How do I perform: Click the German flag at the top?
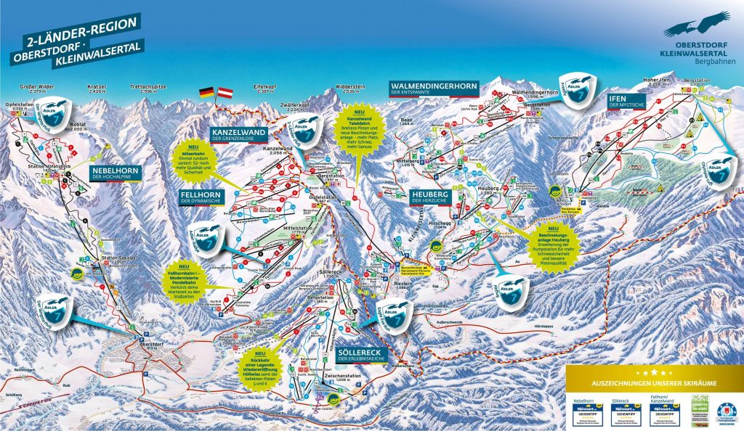click(x=207, y=92)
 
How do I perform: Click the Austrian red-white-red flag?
click(x=225, y=93)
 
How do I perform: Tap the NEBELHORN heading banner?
click(x=114, y=173)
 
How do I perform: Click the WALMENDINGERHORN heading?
click(x=433, y=88)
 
